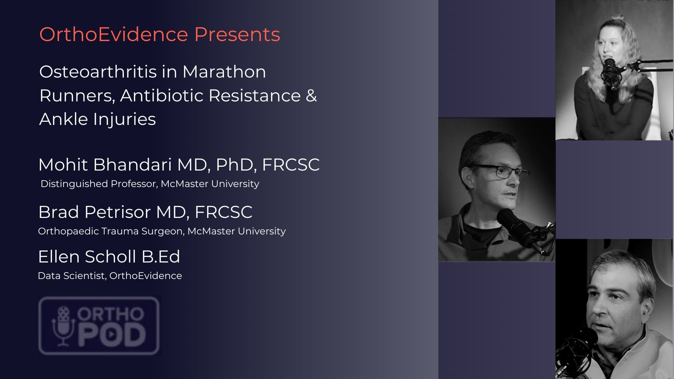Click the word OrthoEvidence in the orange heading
tap(114, 34)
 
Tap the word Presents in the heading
tap(237, 34)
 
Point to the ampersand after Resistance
tap(311, 95)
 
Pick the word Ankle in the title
tap(64, 119)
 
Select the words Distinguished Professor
tap(98, 184)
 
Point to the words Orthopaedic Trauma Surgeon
tap(111, 231)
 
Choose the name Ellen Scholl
tap(87, 257)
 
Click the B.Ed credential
tap(161, 257)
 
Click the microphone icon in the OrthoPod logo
tap(64, 326)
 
